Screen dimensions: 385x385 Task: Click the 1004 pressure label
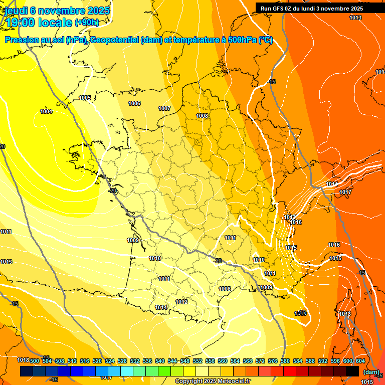46,111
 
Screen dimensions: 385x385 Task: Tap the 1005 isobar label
85,98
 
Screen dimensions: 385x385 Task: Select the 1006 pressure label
134,103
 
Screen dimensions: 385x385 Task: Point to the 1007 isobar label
164,108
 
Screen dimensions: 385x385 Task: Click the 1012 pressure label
181,302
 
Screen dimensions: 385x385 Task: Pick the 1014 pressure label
161,307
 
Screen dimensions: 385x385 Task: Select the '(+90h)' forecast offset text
87,23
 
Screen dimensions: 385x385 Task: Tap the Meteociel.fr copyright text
213,381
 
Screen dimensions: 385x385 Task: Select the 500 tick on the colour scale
35,361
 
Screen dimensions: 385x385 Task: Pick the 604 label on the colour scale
360,361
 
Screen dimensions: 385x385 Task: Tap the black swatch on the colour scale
352,371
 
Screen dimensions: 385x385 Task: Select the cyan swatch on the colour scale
127,371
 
